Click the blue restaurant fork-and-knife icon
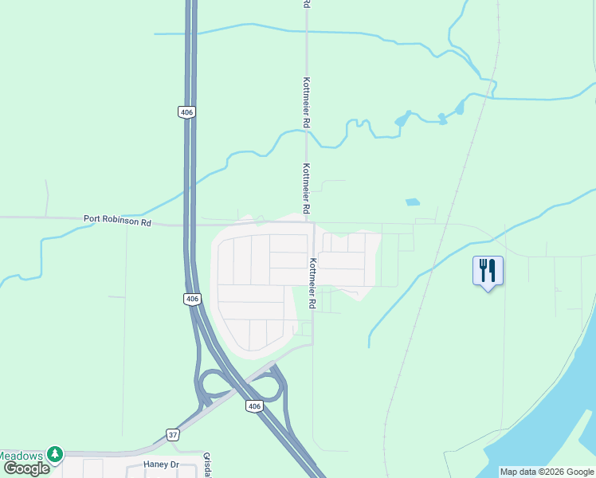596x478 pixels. pyautogui.click(x=488, y=271)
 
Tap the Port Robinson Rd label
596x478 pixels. pyautogui.click(x=117, y=221)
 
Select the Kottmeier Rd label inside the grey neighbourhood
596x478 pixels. pyautogui.click(x=313, y=284)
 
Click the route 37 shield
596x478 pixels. pyautogui.click(x=173, y=434)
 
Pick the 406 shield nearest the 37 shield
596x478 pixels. pyautogui.click(x=253, y=406)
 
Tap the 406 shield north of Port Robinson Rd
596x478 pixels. pyautogui.click(x=186, y=112)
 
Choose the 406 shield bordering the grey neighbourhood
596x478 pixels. pyautogui.click(x=192, y=299)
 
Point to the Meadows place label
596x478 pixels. pyautogui.click(x=21, y=455)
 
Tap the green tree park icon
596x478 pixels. pyautogui.click(x=54, y=454)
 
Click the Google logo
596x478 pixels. pyautogui.click(x=26, y=468)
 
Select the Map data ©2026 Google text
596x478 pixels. pyautogui.click(x=547, y=472)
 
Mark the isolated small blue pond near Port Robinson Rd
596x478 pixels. pyautogui.click(x=411, y=202)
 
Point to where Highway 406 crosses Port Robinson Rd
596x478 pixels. pyautogui.click(x=191, y=224)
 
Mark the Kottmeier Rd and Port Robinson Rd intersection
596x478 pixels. pyautogui.click(x=309, y=223)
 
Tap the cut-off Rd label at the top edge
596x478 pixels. pyautogui.click(x=306, y=4)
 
